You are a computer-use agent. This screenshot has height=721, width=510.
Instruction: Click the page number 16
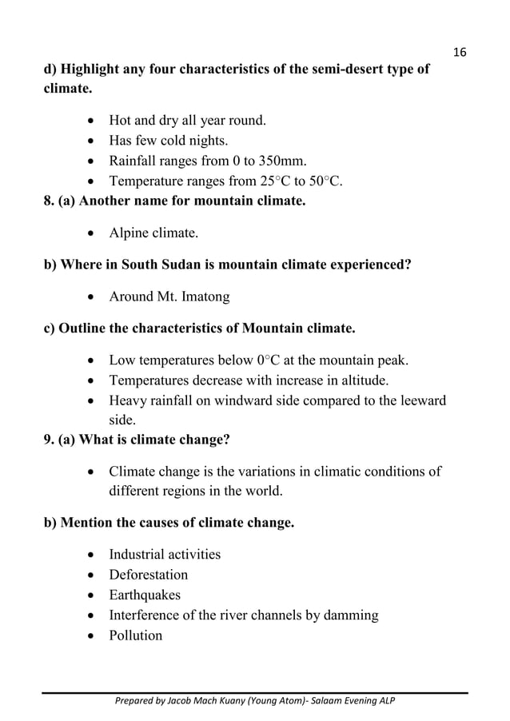(x=459, y=52)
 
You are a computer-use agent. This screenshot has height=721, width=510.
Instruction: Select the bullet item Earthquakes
(x=145, y=595)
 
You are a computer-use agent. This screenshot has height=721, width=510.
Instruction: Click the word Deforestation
(x=149, y=575)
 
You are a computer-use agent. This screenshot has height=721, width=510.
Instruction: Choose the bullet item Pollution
(x=135, y=635)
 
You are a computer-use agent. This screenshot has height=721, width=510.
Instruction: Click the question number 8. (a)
(x=62, y=201)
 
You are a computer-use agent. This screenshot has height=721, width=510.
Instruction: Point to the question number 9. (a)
(x=62, y=439)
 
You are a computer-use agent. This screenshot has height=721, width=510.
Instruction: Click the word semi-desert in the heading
(x=304, y=70)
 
